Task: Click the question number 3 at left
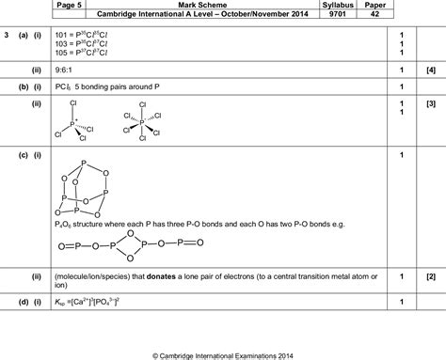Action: click(x=7, y=36)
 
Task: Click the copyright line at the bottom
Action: click(x=222, y=354)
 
